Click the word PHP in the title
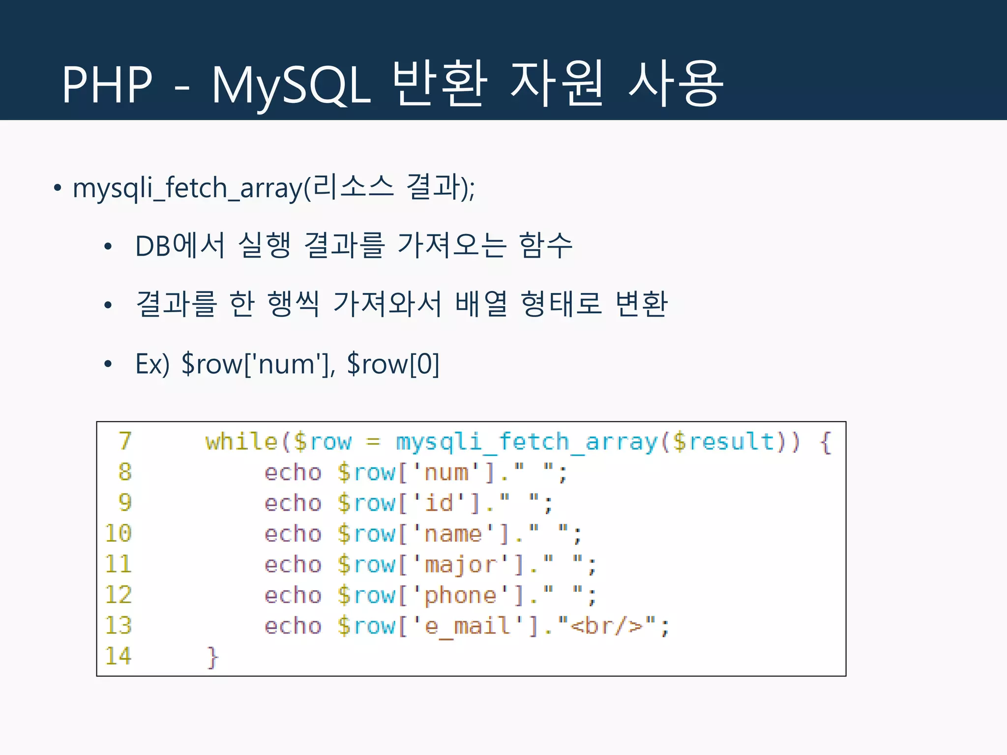tap(107, 85)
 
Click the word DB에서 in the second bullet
tap(180, 246)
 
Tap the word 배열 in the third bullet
tap(481, 303)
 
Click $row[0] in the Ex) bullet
tap(393, 364)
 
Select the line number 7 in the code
tap(125, 441)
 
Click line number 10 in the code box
tap(118, 533)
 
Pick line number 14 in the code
tap(118, 656)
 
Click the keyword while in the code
tap(241, 441)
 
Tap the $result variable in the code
tap(723, 441)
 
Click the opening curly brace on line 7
tap(826, 442)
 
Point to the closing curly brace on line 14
tap(212, 657)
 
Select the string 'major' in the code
tap(461, 565)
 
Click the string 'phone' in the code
tap(461, 596)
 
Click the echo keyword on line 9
tap(293, 503)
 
